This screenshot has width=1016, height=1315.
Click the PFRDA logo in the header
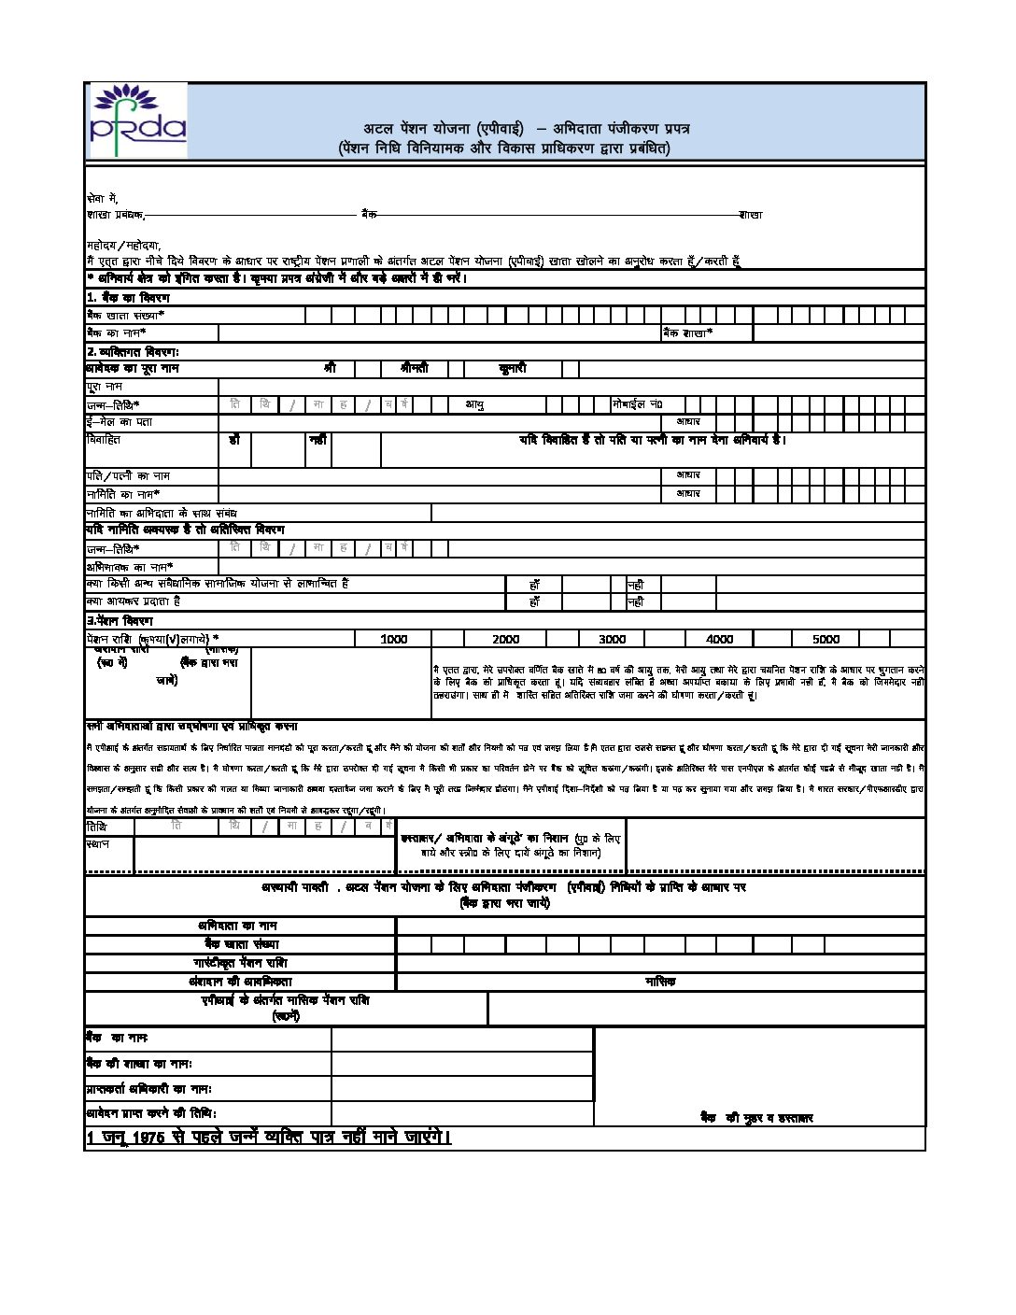click(x=137, y=121)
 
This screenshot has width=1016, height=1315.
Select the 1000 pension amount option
click(x=394, y=639)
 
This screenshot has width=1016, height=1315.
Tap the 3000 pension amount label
click(x=612, y=639)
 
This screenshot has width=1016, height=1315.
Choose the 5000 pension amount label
click(x=825, y=639)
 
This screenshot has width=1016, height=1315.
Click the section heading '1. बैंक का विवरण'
click(x=128, y=297)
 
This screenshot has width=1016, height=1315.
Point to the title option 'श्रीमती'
click(x=414, y=368)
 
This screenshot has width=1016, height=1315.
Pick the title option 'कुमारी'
click(x=512, y=368)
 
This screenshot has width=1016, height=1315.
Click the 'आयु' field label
click(x=474, y=404)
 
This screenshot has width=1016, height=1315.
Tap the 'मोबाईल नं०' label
click(x=637, y=404)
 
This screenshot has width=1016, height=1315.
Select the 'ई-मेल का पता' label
click(x=119, y=421)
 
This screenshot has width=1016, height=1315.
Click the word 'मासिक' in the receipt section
click(x=660, y=982)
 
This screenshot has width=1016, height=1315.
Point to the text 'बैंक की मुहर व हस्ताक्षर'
click(x=756, y=1117)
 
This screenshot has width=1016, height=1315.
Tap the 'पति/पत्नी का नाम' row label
click(x=128, y=475)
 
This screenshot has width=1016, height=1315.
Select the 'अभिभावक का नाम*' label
click(x=130, y=566)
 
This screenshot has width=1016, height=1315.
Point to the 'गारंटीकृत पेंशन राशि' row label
click(x=240, y=963)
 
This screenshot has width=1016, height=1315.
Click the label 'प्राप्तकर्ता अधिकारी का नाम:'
click(x=149, y=1089)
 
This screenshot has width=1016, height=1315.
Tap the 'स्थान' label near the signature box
click(x=97, y=843)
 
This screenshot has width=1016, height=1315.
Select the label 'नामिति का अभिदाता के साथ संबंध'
click(x=162, y=512)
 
